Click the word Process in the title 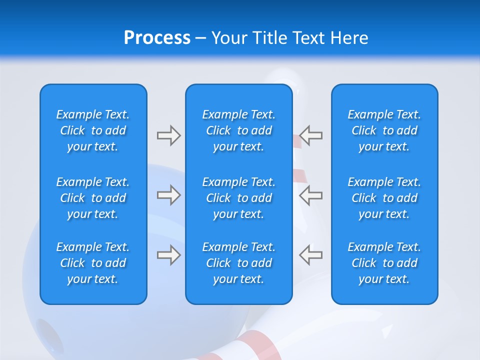pos(157,38)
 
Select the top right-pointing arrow pos(168,135)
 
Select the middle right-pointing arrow pos(168,195)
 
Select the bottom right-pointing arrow pos(168,255)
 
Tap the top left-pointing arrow pos(311,135)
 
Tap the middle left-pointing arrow pos(311,195)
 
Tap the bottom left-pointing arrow pos(311,255)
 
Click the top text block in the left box pos(93,130)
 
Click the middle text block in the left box pos(93,198)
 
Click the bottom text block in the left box pos(93,263)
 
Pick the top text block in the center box pos(239,130)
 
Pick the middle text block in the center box pos(239,198)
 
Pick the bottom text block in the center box pos(239,263)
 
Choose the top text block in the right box pos(384,130)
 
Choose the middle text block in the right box pos(384,198)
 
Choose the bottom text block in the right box pos(384,263)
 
